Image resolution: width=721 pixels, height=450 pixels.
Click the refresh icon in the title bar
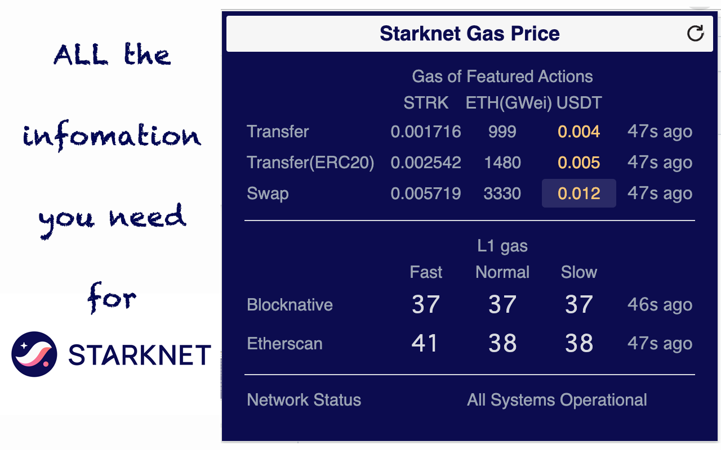696,33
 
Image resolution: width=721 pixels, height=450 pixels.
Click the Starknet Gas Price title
469,33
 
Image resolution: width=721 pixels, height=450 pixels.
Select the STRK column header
426,103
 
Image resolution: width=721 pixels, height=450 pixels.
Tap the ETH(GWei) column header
509,103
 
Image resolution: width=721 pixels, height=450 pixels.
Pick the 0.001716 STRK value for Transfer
426,132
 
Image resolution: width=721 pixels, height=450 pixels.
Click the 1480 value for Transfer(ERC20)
502,163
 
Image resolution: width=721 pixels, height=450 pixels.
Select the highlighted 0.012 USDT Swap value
579,193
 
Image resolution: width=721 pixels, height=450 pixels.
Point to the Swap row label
268,193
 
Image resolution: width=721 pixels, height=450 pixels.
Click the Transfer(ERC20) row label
310,163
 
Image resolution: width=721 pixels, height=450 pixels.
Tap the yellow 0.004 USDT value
579,132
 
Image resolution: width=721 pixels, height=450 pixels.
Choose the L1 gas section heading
502,246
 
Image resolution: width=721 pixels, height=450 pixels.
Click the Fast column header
426,272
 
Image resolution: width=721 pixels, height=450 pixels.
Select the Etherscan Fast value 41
425,343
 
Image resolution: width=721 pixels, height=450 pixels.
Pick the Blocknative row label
290,305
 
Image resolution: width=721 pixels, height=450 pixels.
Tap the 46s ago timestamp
660,305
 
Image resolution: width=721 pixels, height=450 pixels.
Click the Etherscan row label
284,344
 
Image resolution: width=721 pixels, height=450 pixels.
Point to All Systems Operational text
557,400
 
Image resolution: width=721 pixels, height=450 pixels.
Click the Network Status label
304,400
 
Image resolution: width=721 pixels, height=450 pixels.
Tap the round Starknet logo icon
34,354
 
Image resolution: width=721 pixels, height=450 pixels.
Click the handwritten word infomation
112,135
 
